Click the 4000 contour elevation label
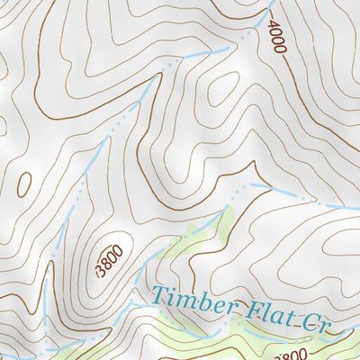click(275, 38)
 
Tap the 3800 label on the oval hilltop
click(110, 258)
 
